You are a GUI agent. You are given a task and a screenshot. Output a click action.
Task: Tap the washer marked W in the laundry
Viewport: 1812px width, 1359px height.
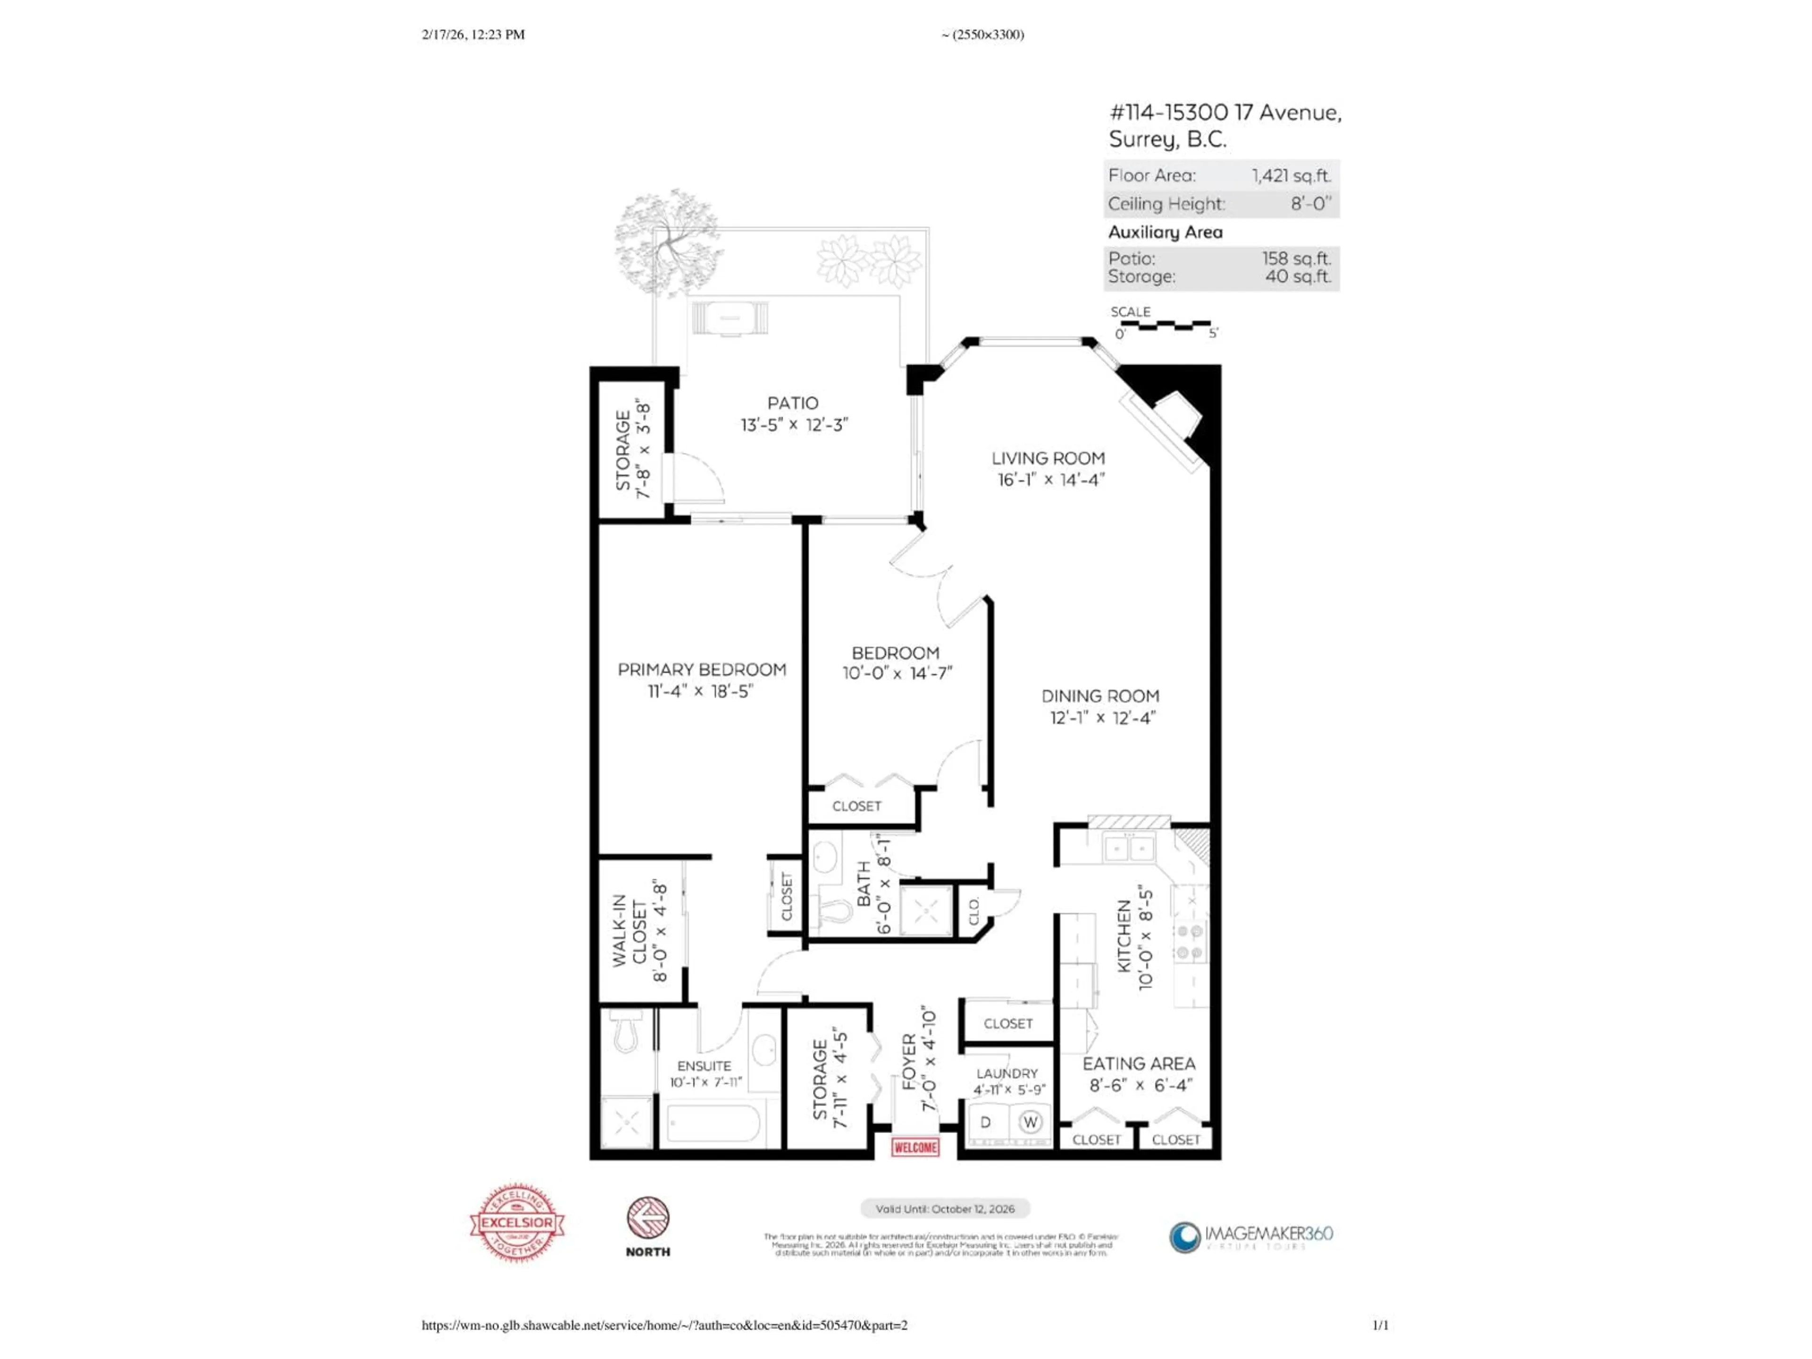point(1030,1122)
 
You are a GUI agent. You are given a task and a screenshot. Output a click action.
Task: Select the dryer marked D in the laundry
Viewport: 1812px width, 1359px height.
point(986,1122)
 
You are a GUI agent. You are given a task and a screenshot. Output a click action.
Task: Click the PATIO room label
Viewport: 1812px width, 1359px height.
point(792,403)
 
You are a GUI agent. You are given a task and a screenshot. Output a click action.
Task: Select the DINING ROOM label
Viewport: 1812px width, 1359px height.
point(1099,696)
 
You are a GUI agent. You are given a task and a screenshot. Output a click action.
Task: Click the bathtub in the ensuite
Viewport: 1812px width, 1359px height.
point(713,1124)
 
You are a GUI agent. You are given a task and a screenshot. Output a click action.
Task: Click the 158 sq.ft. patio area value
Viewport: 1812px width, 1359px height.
point(1296,258)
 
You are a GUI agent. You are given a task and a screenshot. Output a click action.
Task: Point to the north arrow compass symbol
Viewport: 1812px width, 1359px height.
point(648,1218)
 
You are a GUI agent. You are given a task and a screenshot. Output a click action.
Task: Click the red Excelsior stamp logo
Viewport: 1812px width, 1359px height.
point(517,1222)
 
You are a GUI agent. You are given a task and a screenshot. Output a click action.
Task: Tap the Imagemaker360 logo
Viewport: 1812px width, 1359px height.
point(1251,1236)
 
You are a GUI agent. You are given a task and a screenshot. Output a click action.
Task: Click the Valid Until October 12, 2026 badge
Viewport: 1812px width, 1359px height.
point(945,1209)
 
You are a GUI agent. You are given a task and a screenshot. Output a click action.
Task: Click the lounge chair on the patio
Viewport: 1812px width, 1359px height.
point(730,319)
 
